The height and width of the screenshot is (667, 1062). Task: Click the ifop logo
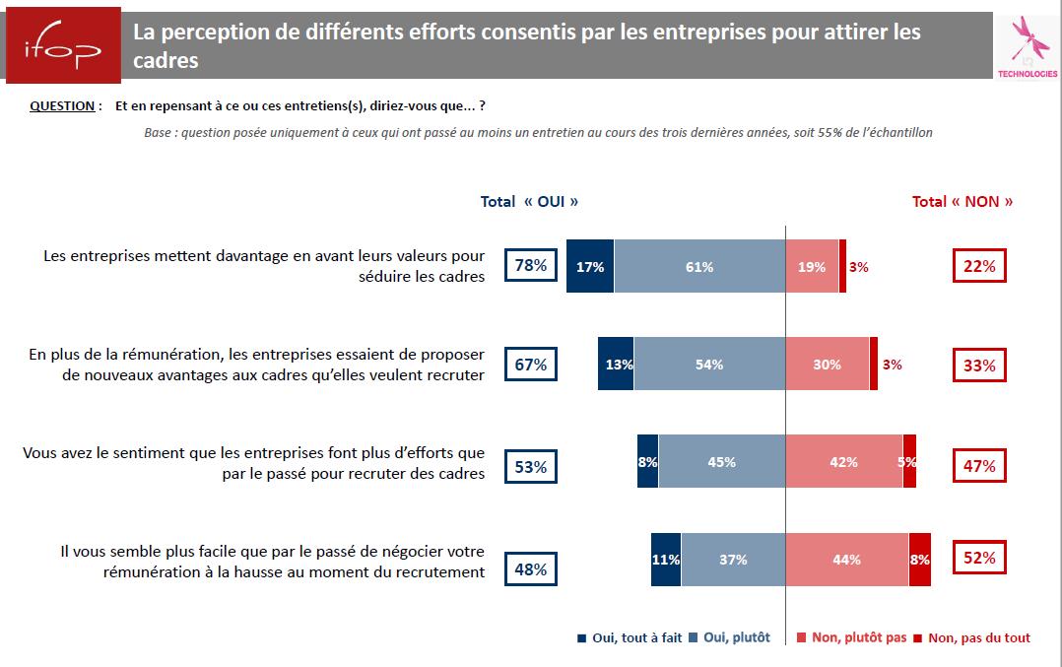pos(60,45)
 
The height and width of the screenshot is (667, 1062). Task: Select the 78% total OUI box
pos(530,266)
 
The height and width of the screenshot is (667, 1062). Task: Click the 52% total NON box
pos(978,559)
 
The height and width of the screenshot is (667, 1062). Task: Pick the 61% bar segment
pos(699,267)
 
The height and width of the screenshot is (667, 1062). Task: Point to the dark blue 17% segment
pos(590,267)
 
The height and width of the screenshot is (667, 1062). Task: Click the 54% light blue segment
pos(709,365)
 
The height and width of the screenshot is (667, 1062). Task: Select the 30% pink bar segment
pos(828,365)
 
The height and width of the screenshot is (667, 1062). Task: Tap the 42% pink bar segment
pos(843,461)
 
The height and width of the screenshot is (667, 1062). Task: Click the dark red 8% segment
pos(919,560)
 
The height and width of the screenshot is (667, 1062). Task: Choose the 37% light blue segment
pos(733,560)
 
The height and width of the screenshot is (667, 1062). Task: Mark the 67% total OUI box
pos(530,365)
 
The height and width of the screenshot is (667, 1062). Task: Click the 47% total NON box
pos(978,466)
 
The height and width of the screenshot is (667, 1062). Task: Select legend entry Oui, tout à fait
pos(631,637)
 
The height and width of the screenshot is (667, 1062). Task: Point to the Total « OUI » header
pos(529,201)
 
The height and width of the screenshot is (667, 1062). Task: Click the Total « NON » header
pos(962,201)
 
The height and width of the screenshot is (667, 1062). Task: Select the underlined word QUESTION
pos(62,106)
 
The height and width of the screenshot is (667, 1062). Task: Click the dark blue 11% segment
pos(666,560)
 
